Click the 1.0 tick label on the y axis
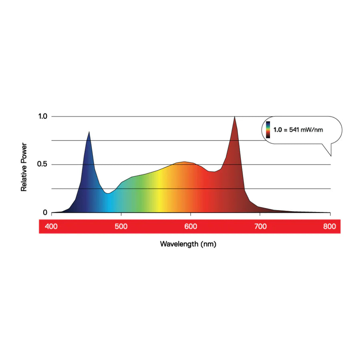click(x=42, y=116)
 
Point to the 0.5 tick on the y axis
click(x=42, y=164)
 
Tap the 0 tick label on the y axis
click(x=45, y=212)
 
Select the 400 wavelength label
click(x=51, y=226)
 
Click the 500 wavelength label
click(x=121, y=226)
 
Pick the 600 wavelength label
click(x=191, y=226)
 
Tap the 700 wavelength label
click(x=260, y=226)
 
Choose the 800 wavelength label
click(x=330, y=226)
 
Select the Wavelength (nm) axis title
click(x=188, y=244)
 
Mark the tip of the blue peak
click(x=89, y=132)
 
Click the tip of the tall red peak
click(x=234, y=117)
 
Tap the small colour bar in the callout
click(x=268, y=130)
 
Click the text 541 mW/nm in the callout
click(x=307, y=130)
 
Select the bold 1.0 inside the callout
click(x=278, y=130)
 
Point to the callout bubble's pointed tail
click(x=331, y=155)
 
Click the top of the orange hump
click(x=184, y=162)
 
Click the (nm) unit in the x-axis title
click(x=209, y=244)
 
